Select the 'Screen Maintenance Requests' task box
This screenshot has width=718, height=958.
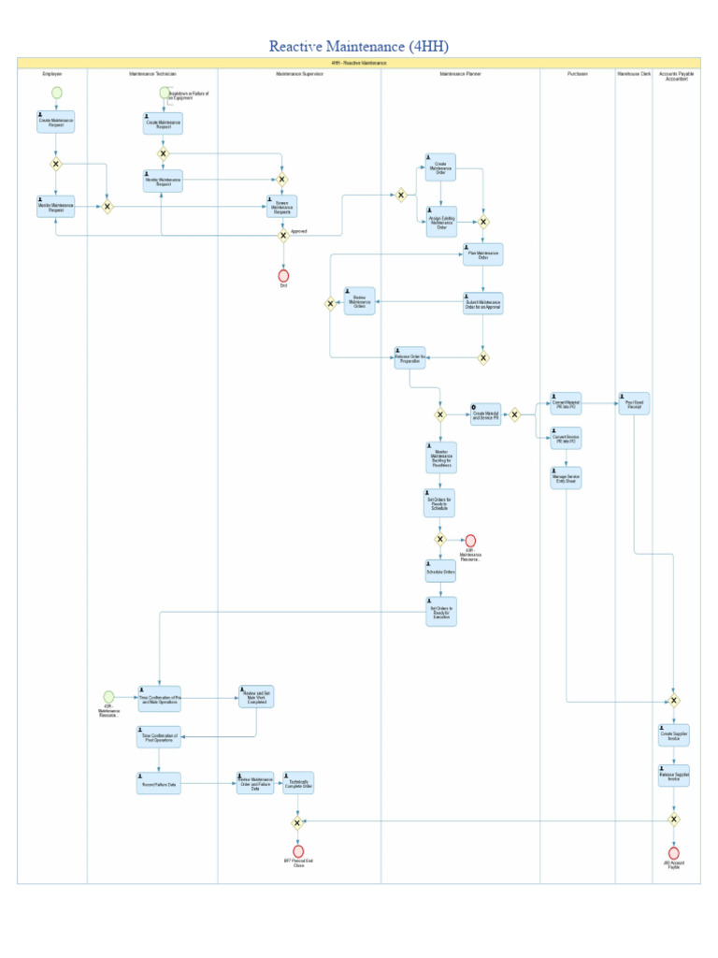[x=281, y=207]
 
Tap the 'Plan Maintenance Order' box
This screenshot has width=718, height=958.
[x=483, y=254]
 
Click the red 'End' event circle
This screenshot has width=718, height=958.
[x=283, y=275]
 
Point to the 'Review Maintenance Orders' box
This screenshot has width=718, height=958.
[x=360, y=301]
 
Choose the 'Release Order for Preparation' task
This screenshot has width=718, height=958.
[x=409, y=358]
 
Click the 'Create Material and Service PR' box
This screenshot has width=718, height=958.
[x=486, y=415]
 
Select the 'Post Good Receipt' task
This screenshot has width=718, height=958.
[x=634, y=404]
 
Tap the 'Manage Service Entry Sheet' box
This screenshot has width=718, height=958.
[x=566, y=478]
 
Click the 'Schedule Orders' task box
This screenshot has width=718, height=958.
[x=440, y=571]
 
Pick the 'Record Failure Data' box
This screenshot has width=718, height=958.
[x=159, y=783]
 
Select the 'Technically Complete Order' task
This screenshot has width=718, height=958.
[x=298, y=783]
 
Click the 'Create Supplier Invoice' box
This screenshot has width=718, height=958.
[x=673, y=735]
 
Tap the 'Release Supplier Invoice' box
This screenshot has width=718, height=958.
[x=673, y=776]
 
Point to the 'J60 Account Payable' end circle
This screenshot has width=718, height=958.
[x=673, y=853]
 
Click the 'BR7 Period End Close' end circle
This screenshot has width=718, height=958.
[x=298, y=851]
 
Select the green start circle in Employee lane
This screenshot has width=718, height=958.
[x=56, y=93]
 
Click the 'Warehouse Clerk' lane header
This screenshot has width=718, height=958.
[x=633, y=73]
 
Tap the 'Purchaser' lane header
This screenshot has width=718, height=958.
[x=577, y=73]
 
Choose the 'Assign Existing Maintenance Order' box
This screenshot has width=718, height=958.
[x=441, y=222]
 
